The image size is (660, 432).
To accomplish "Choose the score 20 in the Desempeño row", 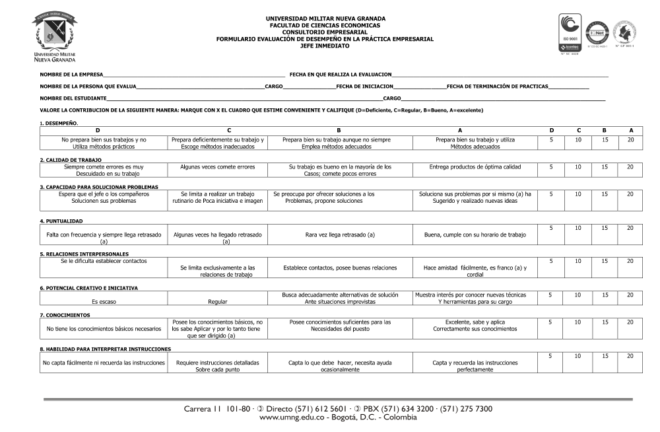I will point(630,139).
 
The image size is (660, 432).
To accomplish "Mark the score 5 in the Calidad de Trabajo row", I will point(550,167).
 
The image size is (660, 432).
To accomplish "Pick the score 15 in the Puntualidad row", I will point(604,228).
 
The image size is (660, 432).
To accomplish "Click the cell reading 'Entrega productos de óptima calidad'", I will point(475,167).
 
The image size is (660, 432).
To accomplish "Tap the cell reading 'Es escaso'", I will point(104,301).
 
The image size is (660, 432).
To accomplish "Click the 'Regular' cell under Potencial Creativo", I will point(217,301).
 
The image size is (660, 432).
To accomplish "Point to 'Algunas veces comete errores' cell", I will point(217,167).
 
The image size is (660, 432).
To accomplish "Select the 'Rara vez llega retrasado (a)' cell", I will point(340,234).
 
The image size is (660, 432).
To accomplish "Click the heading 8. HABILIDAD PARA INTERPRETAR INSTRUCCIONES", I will point(105,349).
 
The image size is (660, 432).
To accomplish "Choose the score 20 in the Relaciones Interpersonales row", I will point(630,262).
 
